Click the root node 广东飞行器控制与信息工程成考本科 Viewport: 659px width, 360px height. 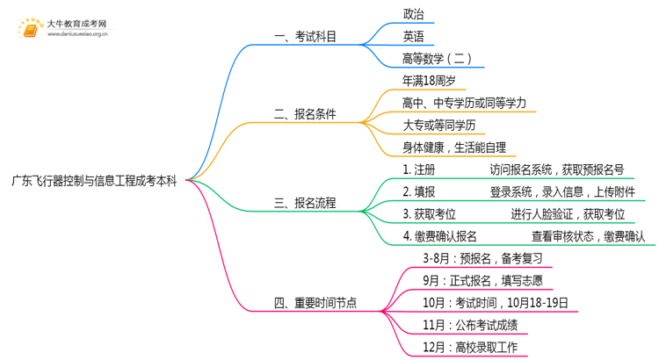(94, 182)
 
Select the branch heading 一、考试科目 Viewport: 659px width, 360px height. (305, 37)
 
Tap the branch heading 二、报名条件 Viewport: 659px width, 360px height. (305, 114)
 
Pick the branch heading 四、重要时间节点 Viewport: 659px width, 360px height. (315, 304)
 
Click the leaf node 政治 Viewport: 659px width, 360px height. (413, 15)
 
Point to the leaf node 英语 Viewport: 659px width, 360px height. (413, 37)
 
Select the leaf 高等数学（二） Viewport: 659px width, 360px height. (437, 59)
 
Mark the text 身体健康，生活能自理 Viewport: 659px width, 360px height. (454, 148)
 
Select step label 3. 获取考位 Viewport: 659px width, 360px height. (429, 214)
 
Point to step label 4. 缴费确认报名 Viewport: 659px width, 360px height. (439, 236)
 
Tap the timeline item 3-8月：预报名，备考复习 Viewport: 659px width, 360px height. (482, 258)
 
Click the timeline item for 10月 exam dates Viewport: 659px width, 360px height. (495, 303)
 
